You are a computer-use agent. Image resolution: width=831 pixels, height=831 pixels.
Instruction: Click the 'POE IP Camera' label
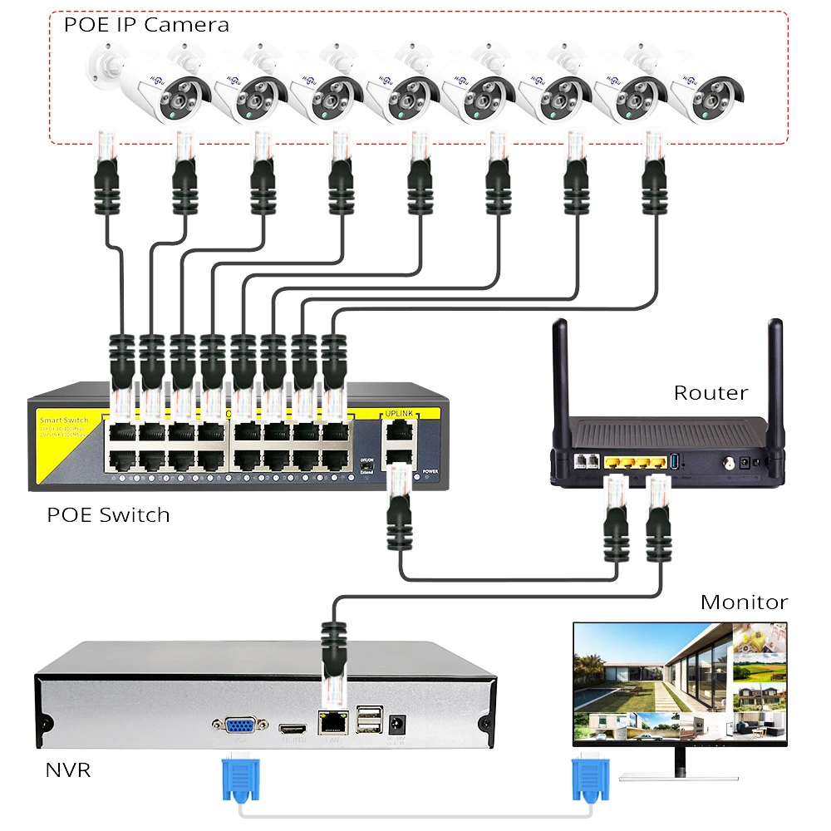[x=146, y=24]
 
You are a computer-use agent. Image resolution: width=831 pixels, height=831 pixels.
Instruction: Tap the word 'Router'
[x=711, y=392]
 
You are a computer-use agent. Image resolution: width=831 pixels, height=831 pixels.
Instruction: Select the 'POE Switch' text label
[x=108, y=515]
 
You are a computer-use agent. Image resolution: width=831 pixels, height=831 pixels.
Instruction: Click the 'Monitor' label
[x=744, y=602]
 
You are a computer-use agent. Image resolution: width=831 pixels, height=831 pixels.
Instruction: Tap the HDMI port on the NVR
[x=292, y=728]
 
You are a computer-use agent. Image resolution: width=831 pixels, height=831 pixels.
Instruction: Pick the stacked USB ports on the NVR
[x=370, y=720]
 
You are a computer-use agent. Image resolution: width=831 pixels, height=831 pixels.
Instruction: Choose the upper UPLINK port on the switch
[x=400, y=430]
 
